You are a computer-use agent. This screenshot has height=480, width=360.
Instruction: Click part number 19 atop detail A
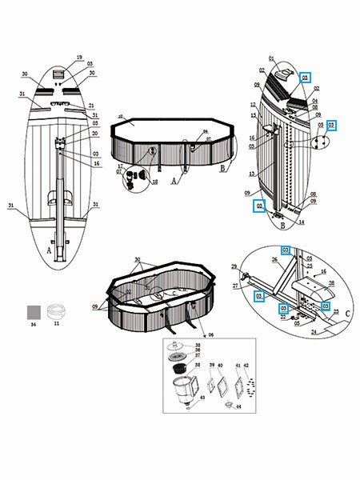coord(79,58)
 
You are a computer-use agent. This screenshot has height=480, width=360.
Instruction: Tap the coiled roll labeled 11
coord(56,310)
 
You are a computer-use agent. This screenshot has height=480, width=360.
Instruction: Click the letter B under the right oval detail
coord(283,226)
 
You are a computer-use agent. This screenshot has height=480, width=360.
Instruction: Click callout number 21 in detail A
coord(91,106)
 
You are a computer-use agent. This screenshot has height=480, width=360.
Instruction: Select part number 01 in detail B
coord(271,58)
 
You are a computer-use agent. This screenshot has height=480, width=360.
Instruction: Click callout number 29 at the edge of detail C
coord(234,266)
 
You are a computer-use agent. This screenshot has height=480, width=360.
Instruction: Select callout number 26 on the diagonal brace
coord(274,259)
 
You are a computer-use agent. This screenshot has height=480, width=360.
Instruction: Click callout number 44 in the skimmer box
coord(238,408)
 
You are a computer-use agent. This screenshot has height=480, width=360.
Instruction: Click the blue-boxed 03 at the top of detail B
coord(304,78)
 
